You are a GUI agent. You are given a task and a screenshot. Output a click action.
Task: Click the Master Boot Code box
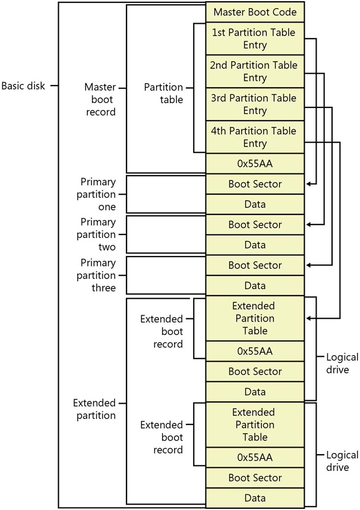[x=255, y=12]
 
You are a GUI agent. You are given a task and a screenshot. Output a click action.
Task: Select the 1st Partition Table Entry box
[x=255, y=39]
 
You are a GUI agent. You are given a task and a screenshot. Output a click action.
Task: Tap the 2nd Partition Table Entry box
[x=255, y=71]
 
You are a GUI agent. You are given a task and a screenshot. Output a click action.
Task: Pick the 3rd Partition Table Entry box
[x=255, y=104]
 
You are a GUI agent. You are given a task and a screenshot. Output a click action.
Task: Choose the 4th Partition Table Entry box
[x=255, y=137]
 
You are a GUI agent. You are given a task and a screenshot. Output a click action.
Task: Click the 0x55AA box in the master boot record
[x=255, y=164]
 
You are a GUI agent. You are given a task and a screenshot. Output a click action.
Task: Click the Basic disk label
[x=23, y=86]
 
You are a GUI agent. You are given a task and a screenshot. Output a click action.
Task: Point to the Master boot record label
[x=100, y=99]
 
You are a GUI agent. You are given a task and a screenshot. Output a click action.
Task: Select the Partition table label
[x=163, y=93]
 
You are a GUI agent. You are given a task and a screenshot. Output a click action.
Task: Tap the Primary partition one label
[x=96, y=194]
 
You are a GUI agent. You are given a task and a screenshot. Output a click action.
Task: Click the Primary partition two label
[x=96, y=235]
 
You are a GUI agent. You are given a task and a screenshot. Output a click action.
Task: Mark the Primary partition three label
[x=96, y=275]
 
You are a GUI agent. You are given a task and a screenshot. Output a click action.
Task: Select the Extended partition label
[x=94, y=409]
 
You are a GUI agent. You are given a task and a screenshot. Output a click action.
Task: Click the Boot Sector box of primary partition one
[x=255, y=184]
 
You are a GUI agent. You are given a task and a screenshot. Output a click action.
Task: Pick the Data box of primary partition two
[x=255, y=245]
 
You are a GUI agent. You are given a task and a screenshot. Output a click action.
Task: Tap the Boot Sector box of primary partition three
[x=255, y=265]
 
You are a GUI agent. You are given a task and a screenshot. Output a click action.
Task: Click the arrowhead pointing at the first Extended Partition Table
[x=309, y=318]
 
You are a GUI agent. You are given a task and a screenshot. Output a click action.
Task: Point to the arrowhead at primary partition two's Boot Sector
[x=309, y=224]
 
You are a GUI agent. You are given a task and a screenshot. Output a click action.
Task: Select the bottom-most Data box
[x=255, y=498]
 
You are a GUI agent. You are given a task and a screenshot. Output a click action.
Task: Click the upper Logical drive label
[x=342, y=363]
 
